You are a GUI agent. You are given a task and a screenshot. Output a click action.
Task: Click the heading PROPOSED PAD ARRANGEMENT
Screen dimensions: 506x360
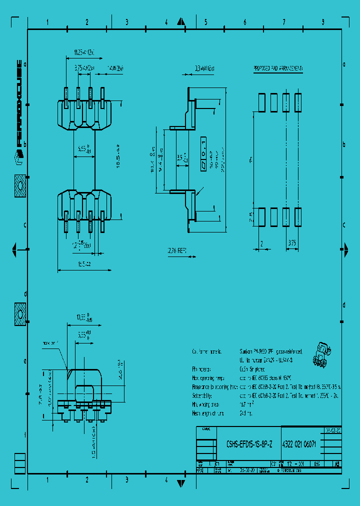tap(278, 68)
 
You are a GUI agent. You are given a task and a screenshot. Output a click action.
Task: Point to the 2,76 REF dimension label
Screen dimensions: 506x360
tap(176, 252)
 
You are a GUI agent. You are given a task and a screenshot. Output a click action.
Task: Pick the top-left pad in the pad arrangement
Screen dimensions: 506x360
tap(261, 102)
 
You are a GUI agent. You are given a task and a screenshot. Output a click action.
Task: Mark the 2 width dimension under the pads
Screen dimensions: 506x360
tap(261, 243)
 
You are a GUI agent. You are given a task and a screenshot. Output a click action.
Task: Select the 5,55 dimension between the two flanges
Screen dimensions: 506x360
tap(84, 149)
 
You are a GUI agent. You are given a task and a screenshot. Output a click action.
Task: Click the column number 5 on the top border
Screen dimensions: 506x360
tap(205, 22)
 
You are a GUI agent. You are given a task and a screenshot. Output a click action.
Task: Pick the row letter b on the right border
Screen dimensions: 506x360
tap(344, 144)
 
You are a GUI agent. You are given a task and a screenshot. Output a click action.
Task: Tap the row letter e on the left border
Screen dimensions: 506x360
tap(24, 360)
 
